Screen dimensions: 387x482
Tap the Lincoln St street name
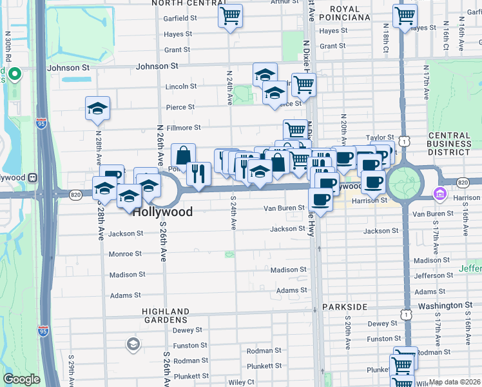point(181,86)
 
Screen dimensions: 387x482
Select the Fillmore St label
point(184,128)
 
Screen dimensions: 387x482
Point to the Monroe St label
point(125,254)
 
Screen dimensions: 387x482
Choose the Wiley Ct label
point(242,382)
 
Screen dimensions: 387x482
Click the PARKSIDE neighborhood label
point(344,306)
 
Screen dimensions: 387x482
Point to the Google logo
point(22,379)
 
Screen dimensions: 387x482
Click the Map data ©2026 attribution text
point(454,382)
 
